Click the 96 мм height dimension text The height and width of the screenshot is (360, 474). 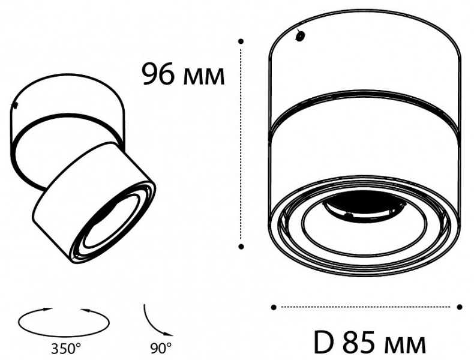(x=183, y=75)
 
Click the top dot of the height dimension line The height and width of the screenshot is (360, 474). (x=241, y=41)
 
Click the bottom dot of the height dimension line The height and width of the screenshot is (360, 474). (x=241, y=246)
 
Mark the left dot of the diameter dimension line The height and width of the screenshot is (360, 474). (x=274, y=307)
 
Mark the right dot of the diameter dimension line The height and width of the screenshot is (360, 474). (x=460, y=307)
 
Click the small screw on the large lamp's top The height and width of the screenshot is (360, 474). (x=299, y=36)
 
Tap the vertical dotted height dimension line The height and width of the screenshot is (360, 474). (x=241, y=144)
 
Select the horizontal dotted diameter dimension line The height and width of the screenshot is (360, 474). (x=367, y=307)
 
